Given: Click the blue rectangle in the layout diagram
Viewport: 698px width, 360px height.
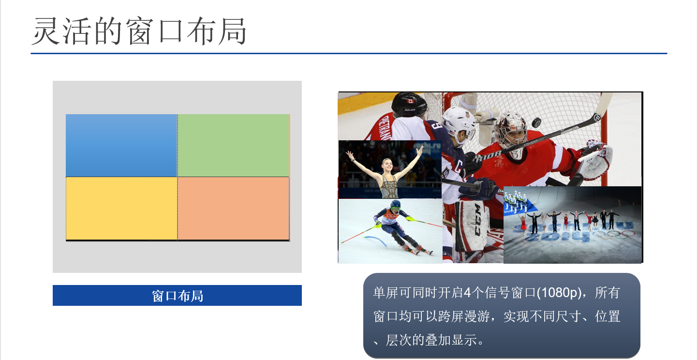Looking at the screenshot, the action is (121, 146).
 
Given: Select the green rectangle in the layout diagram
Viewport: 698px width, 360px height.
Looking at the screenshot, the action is (234, 146).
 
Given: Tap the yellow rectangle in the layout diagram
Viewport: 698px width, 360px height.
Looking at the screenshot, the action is (121, 209).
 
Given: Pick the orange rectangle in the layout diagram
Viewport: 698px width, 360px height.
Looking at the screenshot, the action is (234, 209).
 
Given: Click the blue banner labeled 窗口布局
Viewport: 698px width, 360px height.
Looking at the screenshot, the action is (177, 295).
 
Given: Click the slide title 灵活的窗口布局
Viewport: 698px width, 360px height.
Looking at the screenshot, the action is (139, 31).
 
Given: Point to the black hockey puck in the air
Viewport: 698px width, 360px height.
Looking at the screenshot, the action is (536, 122).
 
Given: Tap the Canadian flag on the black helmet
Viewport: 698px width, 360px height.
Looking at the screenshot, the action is (411, 101).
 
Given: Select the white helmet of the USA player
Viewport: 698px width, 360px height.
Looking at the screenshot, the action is (459, 120).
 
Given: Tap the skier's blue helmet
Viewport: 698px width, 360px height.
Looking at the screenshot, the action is (396, 205).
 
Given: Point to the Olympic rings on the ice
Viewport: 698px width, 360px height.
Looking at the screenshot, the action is (613, 234).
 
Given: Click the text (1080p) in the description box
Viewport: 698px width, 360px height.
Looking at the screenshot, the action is (560, 292).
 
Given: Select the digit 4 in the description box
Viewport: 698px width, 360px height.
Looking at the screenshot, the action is (467, 292).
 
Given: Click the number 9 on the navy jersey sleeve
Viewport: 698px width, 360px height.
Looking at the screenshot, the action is (437, 126).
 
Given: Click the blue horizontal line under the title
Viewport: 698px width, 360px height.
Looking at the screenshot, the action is (349, 53).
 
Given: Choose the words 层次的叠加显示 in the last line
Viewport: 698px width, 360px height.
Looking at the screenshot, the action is (431, 340).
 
